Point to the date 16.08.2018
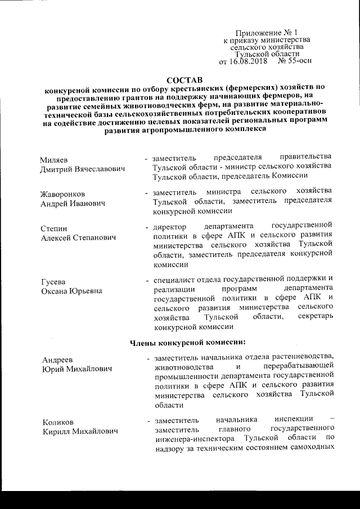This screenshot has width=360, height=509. [249, 61]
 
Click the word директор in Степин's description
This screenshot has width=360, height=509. [169, 228]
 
